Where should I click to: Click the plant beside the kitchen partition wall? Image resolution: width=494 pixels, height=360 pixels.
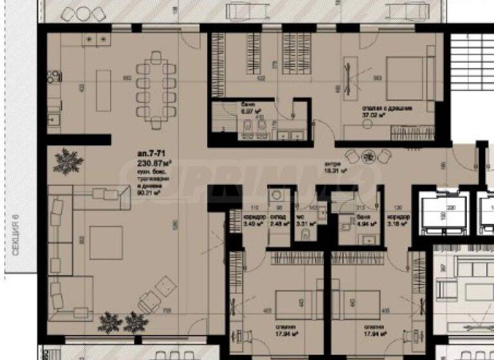click(x=68, y=158)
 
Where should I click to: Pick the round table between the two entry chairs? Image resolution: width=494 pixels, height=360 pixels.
click(x=368, y=156)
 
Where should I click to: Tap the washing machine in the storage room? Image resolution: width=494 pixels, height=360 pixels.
click(x=275, y=195)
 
